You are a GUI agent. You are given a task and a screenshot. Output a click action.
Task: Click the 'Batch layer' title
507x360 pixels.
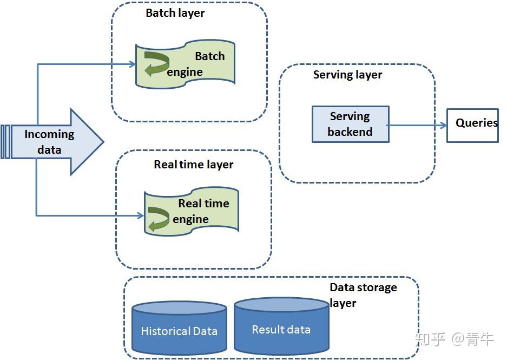175,13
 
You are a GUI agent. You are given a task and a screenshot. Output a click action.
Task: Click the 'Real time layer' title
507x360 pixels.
193,165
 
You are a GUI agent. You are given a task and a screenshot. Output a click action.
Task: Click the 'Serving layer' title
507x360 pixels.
347,75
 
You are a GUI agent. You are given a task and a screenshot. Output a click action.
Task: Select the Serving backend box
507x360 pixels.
350,124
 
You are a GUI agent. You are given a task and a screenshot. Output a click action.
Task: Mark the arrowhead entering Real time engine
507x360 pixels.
140,216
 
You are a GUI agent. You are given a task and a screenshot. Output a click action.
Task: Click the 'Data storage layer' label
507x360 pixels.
363,294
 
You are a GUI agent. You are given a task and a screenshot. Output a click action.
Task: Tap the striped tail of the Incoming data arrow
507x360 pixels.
5,142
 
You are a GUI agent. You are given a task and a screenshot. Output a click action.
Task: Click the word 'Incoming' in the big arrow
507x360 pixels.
49,134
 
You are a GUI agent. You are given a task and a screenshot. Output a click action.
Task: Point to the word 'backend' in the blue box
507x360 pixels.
350,132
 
